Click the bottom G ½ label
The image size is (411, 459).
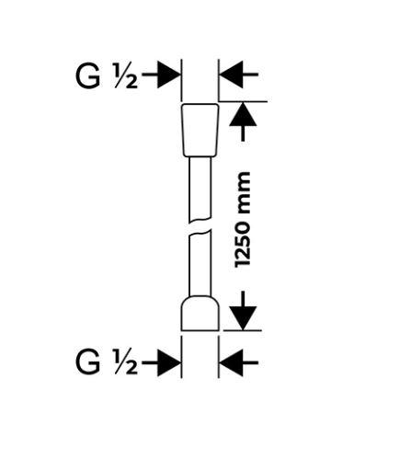[107, 361]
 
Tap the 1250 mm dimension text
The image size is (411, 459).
[243, 220]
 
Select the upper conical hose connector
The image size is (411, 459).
[200, 130]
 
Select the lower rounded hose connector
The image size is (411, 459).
[200, 314]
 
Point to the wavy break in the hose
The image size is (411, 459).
[200, 226]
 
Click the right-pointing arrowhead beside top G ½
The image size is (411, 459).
[168, 75]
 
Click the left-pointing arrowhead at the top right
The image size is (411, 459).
[232, 75]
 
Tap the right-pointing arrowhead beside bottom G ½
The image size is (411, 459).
[168, 362]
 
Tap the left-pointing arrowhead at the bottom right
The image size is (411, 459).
[232, 362]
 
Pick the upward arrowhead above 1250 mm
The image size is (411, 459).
[243, 114]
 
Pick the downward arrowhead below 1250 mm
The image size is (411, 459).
[243, 318]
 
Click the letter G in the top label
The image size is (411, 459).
[87, 77]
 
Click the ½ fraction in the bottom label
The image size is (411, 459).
[126, 361]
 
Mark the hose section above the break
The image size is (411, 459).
[200, 189]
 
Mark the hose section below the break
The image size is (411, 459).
[200, 264]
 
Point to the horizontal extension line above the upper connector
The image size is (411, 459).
[243, 101]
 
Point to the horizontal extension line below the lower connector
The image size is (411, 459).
[243, 330]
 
